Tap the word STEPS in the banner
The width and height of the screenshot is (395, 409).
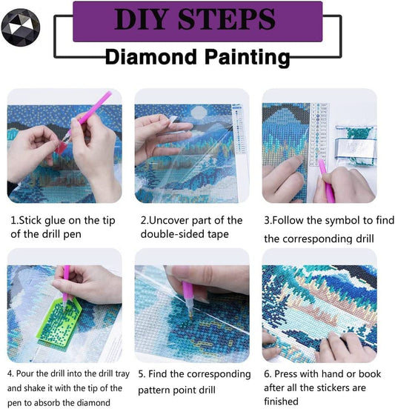pyautogui.click(x=229, y=20)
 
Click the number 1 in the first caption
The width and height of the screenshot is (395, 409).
pyautogui.click(x=13, y=221)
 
